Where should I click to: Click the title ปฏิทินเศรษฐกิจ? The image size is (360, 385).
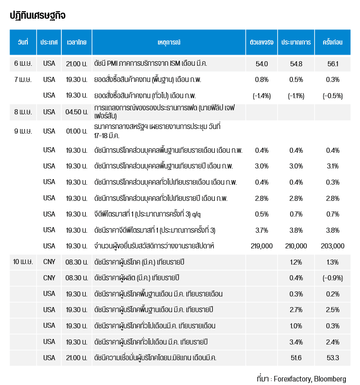coord(37,16)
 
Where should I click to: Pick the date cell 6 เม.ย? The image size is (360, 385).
coord(23,64)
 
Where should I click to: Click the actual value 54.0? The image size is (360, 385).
coord(262,64)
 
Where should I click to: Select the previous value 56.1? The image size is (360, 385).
coord(333,64)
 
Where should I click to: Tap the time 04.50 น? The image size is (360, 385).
coord(76,112)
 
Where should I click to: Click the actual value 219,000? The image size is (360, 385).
coord(262,246)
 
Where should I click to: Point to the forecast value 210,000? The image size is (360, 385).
coord(296,246)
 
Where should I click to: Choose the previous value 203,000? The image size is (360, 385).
coord(333,246)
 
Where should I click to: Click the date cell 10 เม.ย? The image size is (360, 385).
coord(23,262)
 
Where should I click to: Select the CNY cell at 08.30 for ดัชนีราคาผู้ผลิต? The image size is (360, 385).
coord(49,278)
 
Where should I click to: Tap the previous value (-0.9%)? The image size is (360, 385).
coord(333,278)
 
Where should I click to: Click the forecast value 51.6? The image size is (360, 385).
coord(296,358)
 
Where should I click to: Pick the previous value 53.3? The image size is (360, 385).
coord(333,358)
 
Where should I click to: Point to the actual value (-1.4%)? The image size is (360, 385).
coord(262,96)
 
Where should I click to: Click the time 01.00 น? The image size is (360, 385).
coord(76,131)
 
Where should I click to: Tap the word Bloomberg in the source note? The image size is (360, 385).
coord(330,378)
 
